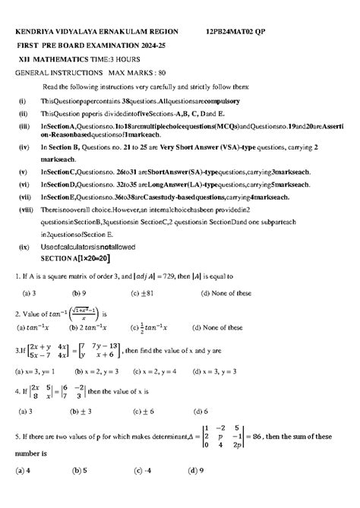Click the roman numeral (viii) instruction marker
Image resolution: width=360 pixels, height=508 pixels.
[x=25, y=207]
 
